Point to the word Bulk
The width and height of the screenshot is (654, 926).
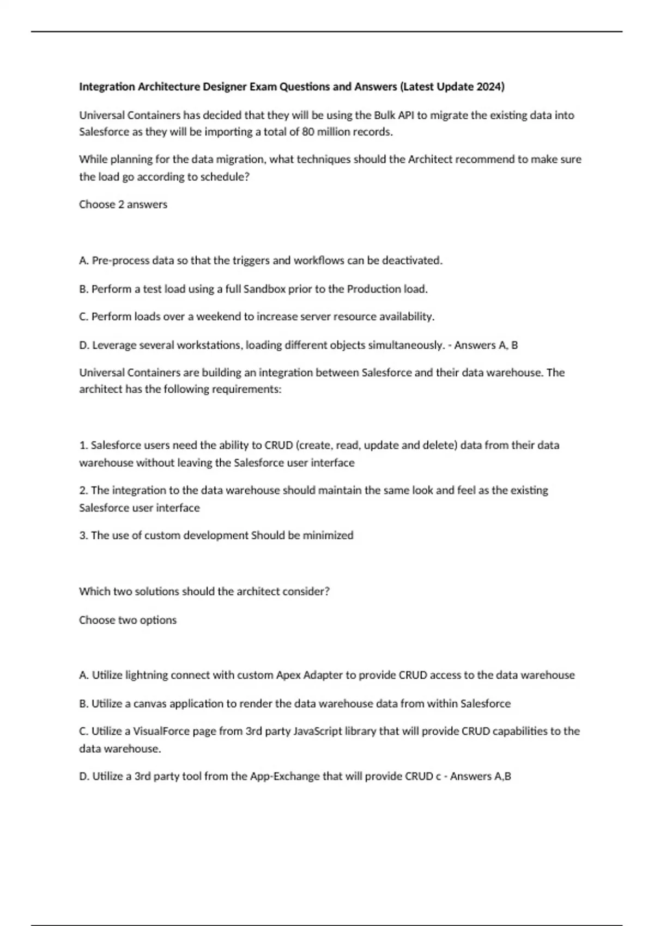[385, 115]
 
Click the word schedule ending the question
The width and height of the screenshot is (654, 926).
[226, 176]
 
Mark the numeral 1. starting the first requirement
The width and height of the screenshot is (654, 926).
[83, 445]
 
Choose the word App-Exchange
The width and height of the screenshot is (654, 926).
[284, 776]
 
